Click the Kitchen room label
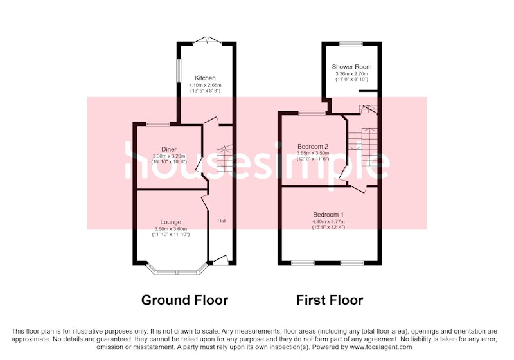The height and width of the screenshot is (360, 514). pyautogui.click(x=205, y=78)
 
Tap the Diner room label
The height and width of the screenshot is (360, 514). pyautogui.click(x=169, y=150)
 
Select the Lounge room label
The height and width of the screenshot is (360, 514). pyautogui.click(x=170, y=222)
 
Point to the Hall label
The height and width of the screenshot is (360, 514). pyautogui.click(x=222, y=221)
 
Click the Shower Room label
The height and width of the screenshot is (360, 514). pyautogui.click(x=351, y=67)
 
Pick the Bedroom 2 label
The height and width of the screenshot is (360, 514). pyautogui.click(x=313, y=146)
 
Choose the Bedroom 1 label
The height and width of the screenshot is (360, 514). pyautogui.click(x=328, y=215)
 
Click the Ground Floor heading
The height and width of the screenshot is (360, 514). pyautogui.click(x=184, y=300)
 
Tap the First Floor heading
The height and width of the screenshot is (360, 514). pyautogui.click(x=330, y=300)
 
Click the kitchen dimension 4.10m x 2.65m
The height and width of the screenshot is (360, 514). pyautogui.click(x=205, y=85)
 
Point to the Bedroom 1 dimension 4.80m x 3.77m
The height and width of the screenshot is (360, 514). pyautogui.click(x=328, y=222)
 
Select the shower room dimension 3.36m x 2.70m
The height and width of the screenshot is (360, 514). pyautogui.click(x=351, y=74)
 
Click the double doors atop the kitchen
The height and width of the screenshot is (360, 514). pyautogui.click(x=208, y=40)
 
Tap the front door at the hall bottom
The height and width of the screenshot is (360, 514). pyautogui.click(x=220, y=259)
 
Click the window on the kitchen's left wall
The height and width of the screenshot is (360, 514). pyautogui.click(x=179, y=71)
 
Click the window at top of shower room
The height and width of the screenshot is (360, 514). pyautogui.click(x=351, y=43)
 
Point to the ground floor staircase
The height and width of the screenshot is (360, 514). pyautogui.click(x=224, y=158)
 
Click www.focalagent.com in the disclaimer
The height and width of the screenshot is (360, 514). pyautogui.click(x=380, y=347)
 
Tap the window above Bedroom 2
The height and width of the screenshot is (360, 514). pyautogui.click(x=312, y=113)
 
